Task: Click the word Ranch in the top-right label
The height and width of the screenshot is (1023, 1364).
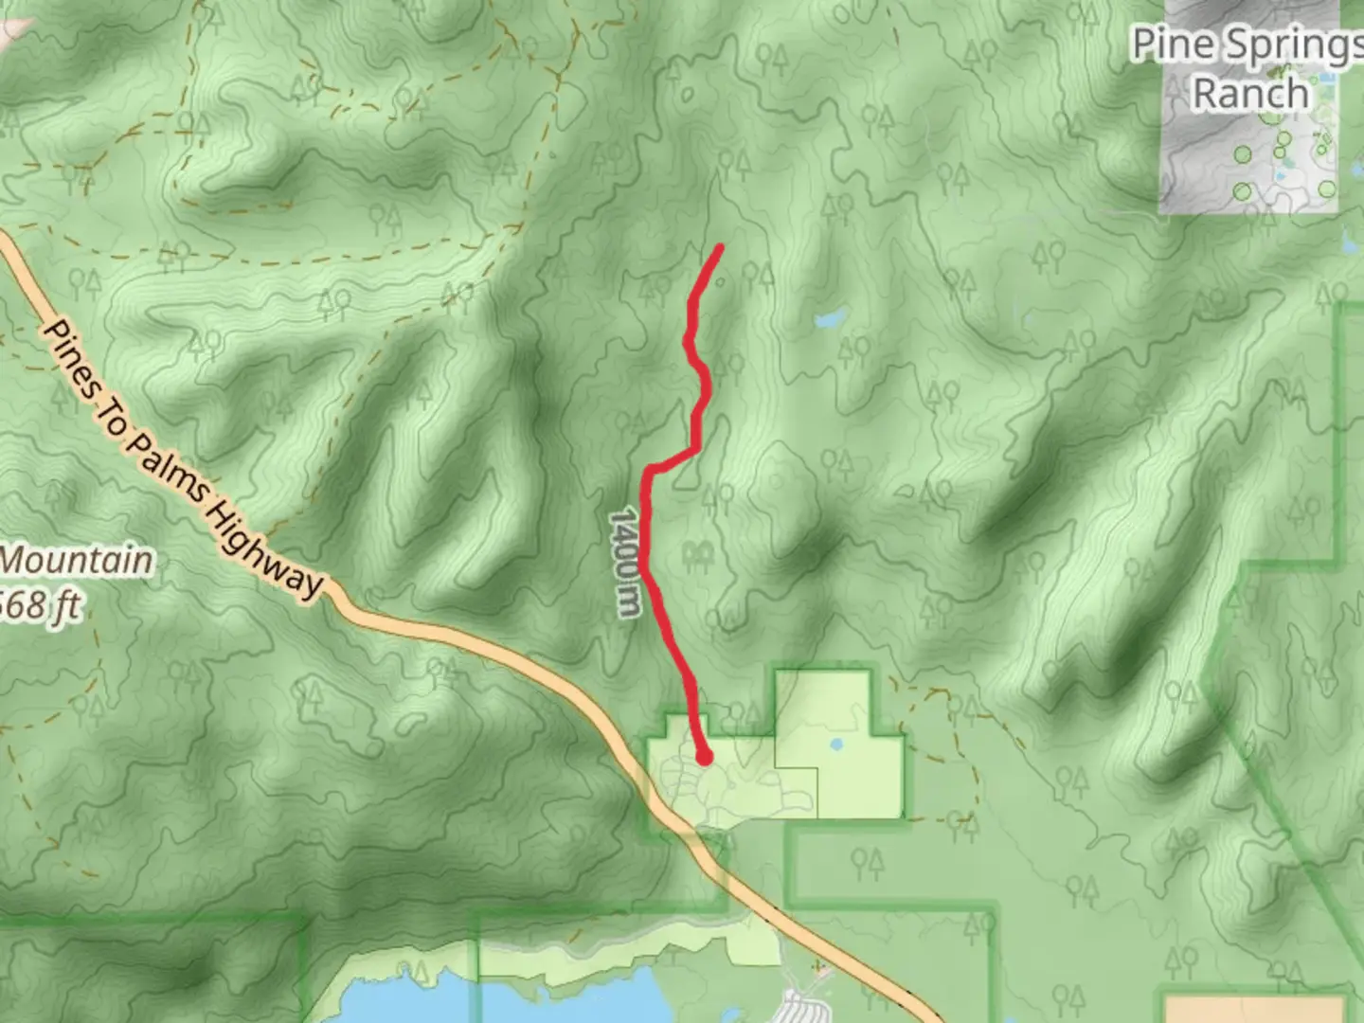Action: click(1249, 94)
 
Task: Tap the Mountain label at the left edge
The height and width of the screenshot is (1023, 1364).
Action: click(76, 560)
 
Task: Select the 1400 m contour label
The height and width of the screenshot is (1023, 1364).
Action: click(623, 563)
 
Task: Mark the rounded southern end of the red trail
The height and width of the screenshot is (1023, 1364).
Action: click(704, 757)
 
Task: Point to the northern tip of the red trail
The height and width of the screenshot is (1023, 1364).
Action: click(720, 248)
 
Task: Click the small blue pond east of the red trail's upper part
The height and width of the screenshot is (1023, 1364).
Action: click(831, 318)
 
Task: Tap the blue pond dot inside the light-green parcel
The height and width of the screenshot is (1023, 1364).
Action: click(836, 745)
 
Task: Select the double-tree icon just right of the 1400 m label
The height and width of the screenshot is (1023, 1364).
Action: click(698, 555)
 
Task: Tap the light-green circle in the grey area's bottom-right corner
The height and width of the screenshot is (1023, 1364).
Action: click(1327, 189)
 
